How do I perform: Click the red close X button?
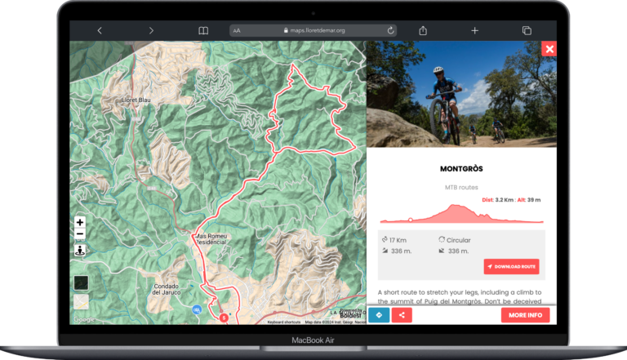pos(549,48)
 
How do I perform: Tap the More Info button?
pos(525,315)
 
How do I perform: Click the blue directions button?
pos(379,315)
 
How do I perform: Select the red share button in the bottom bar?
pos(401,315)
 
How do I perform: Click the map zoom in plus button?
pos(80,222)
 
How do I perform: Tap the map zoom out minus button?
pos(80,234)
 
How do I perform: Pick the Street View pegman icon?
pos(80,251)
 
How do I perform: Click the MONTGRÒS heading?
pos(461,169)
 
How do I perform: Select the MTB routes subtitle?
pos(461,188)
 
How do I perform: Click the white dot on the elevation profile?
pos(410,220)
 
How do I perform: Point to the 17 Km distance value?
pos(398,240)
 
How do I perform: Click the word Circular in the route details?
pos(459,240)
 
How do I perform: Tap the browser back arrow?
pos(100,30)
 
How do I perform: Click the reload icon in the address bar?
pos(391,30)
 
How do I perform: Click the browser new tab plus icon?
pos(474,30)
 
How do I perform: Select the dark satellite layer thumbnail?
pos(81,282)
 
